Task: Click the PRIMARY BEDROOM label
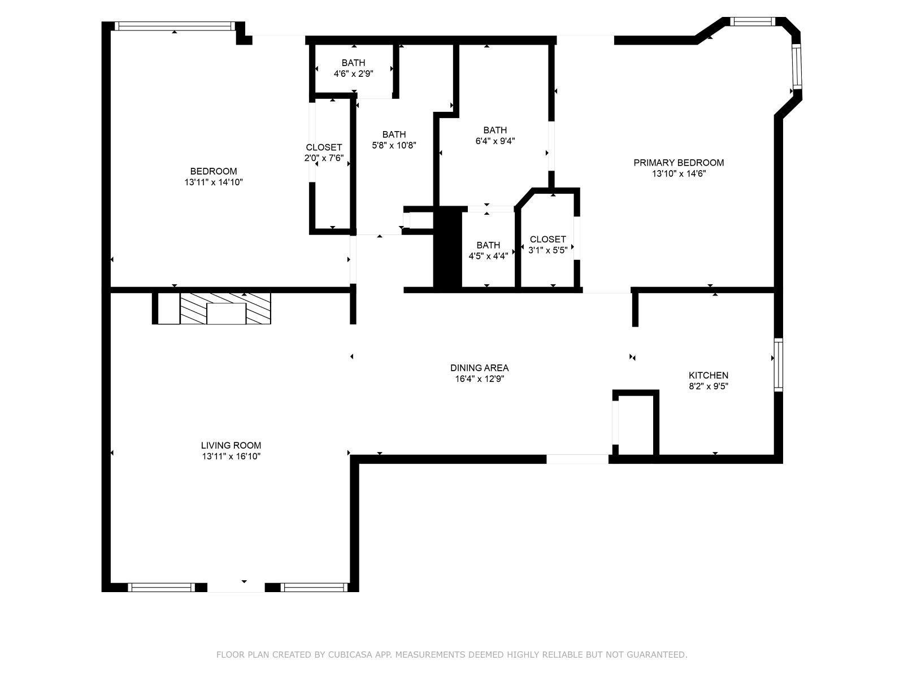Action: pyautogui.click(x=678, y=163)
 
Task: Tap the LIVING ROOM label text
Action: pyautogui.click(x=231, y=445)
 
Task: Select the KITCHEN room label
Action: pyautogui.click(x=708, y=375)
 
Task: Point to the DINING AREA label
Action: pyautogui.click(x=479, y=368)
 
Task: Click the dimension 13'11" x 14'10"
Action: pyautogui.click(x=214, y=182)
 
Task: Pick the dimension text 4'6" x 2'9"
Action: pyautogui.click(x=353, y=73)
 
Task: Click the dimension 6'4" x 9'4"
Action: pyautogui.click(x=495, y=141)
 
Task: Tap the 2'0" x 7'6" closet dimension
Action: pyautogui.click(x=324, y=158)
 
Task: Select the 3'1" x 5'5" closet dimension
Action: pyautogui.click(x=547, y=250)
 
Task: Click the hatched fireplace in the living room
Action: pyautogui.click(x=226, y=308)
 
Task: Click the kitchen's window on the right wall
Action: pyautogui.click(x=778, y=364)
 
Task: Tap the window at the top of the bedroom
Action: pyautogui.click(x=174, y=26)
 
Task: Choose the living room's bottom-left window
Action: pyautogui.click(x=161, y=588)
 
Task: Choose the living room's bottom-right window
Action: pyautogui.click(x=314, y=588)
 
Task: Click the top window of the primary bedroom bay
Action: pyautogui.click(x=751, y=21)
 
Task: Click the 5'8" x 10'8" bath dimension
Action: pyautogui.click(x=394, y=145)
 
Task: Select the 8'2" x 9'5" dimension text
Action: pyautogui.click(x=708, y=386)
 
